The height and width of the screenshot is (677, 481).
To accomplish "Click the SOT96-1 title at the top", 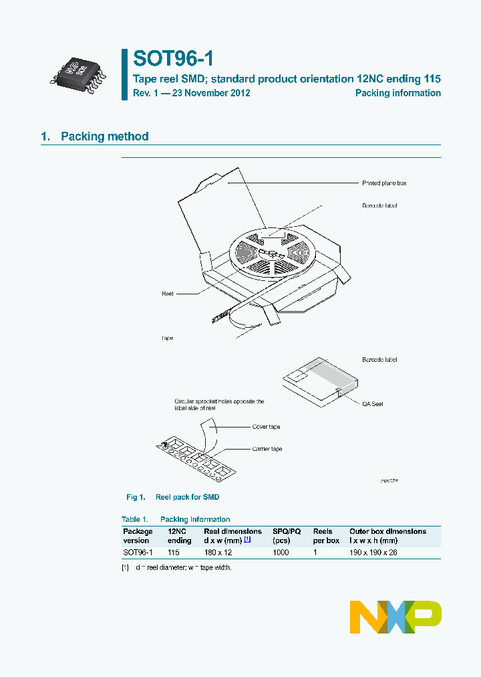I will coord(172,59).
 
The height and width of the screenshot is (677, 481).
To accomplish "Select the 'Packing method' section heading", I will coord(104,136).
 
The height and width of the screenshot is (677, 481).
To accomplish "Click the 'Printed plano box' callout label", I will coord(383,183).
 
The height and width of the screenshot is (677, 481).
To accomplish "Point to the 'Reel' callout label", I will coord(168,294).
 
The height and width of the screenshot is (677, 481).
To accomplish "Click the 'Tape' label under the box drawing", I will coord(167,338).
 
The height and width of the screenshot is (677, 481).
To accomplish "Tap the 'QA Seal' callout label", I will coord(373,404).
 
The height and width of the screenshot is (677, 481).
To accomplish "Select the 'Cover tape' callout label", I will coord(266,427).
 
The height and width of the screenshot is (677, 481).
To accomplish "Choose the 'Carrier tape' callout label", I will coord(267,449).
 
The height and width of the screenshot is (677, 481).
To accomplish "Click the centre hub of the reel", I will coord(270,253).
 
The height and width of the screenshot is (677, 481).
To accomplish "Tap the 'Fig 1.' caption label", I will coord(136,497).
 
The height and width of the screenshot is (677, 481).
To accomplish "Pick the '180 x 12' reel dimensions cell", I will coord(218,553).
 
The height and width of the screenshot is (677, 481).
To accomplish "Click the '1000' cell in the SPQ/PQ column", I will coord(281,553).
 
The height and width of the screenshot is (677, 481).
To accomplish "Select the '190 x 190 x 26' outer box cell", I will coord(373,553).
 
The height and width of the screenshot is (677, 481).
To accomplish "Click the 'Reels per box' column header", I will coord(326,536).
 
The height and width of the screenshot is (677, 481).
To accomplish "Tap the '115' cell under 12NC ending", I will coord(174,553).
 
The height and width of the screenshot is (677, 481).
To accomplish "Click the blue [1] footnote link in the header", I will coord(247,540).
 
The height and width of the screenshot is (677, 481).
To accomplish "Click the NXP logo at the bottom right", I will coord(396,617).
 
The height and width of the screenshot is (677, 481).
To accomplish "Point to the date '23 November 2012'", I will coord(211,93).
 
